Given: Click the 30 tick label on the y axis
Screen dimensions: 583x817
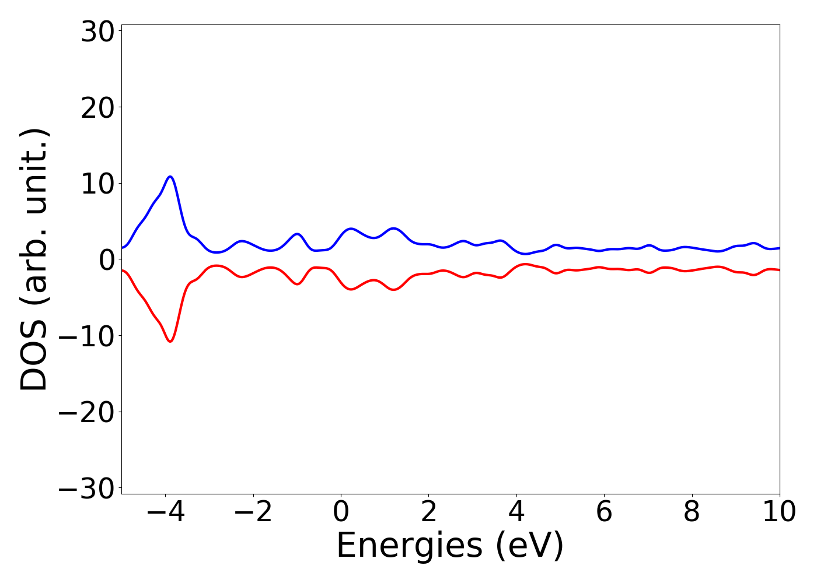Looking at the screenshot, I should point(97,33).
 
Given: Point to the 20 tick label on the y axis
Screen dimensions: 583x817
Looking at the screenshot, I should point(97,108).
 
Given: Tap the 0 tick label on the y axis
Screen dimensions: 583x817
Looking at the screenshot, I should point(106,260).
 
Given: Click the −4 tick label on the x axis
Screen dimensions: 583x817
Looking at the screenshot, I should point(165,512).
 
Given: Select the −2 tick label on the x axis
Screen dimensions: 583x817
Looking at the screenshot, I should point(253,512).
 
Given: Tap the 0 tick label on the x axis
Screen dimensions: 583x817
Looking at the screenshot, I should point(341,512).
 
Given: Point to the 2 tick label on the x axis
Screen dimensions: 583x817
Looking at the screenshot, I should point(428,512).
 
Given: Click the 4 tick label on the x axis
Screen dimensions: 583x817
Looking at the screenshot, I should point(516,512).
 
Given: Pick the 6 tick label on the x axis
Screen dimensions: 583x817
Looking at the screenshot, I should point(604,512).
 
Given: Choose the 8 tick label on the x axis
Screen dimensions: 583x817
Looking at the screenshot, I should point(692,512).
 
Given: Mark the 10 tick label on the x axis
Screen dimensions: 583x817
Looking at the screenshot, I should point(778,512).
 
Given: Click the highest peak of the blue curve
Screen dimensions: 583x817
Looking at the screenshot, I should point(170,176).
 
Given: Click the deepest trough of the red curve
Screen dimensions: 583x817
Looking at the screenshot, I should point(170,341).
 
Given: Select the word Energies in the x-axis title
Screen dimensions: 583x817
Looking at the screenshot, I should point(409,546).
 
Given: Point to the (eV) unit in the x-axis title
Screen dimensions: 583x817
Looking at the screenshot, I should point(529,546).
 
